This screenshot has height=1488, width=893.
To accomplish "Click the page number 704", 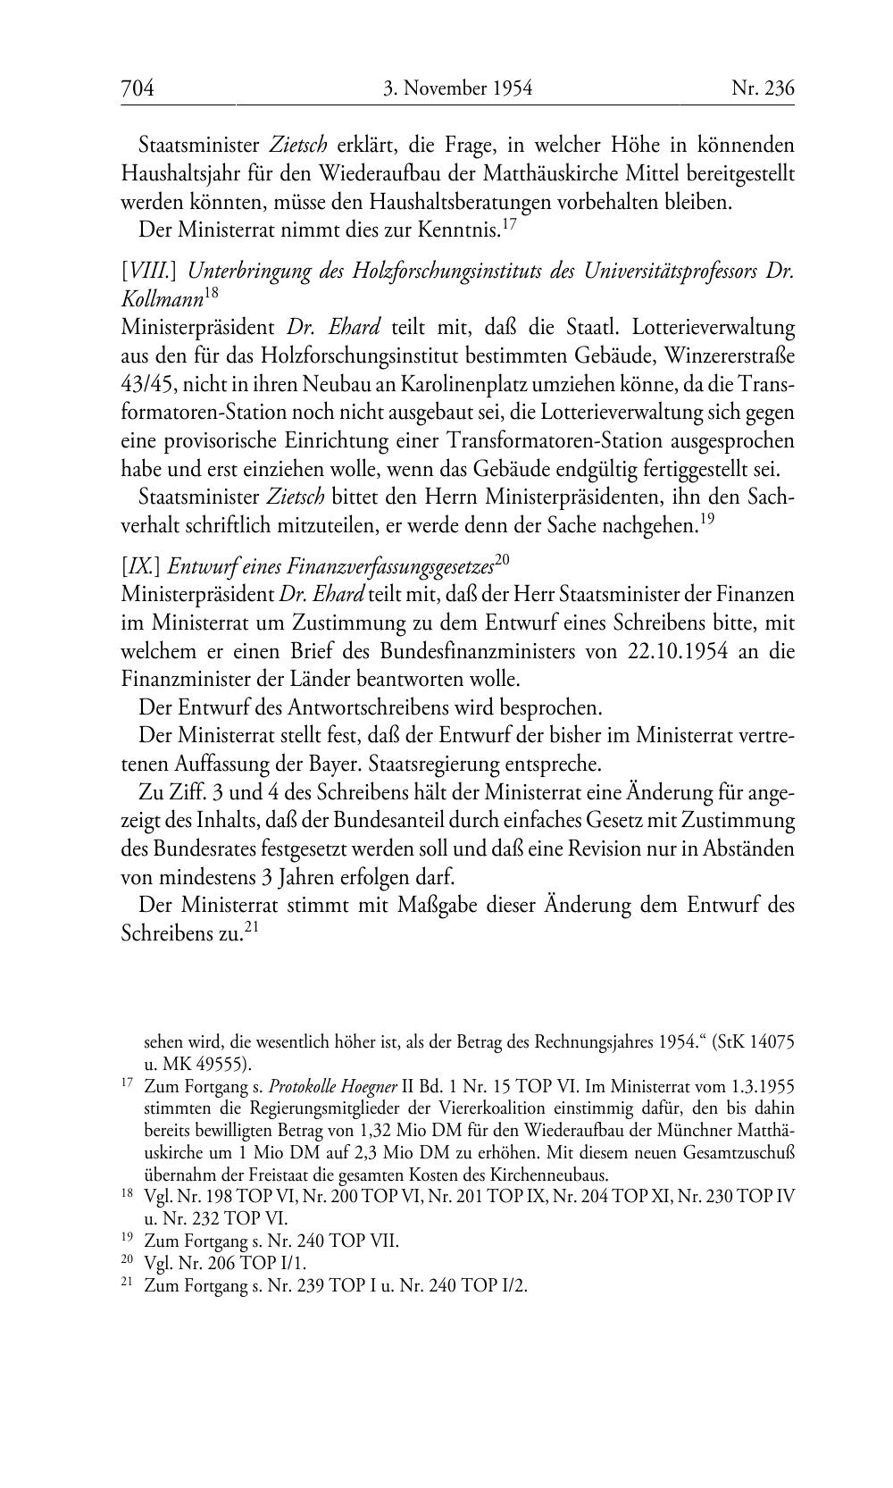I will [138, 88].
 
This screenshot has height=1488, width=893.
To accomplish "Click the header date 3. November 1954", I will [457, 88].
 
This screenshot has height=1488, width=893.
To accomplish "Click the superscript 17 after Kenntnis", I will [510, 224].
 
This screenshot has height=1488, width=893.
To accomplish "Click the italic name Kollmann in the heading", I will [162, 300].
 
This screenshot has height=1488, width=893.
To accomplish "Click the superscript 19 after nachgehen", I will [705, 520].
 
